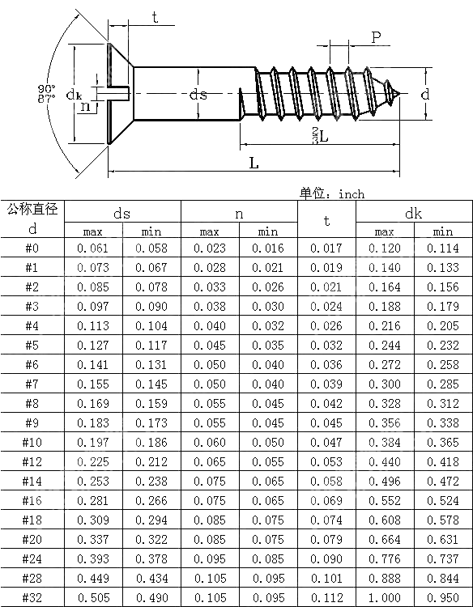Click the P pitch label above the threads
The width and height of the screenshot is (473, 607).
point(376,37)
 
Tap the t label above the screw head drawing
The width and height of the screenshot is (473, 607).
point(155,18)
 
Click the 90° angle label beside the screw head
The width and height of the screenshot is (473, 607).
point(46,88)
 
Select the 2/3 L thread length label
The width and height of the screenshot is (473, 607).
point(321,135)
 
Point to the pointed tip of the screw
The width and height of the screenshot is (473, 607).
point(399,93)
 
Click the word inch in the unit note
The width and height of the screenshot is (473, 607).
point(352,193)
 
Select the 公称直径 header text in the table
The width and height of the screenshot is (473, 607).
point(33,210)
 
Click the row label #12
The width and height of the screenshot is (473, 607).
point(32,461)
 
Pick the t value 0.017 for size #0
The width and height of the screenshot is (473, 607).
point(326,248)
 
